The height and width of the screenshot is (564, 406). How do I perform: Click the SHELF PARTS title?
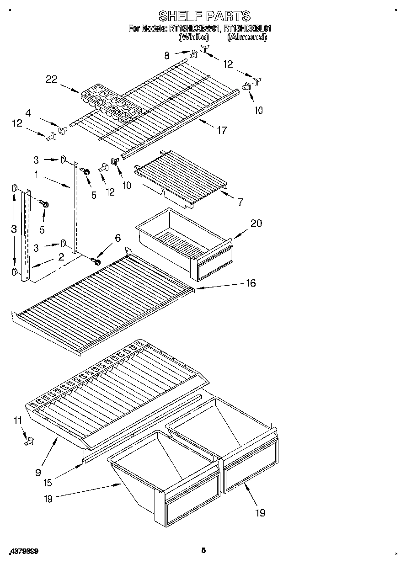204,16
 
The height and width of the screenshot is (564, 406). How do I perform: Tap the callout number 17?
222,131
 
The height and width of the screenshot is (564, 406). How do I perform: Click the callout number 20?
256,223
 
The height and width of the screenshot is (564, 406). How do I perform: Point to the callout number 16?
250,283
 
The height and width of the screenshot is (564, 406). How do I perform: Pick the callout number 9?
38,473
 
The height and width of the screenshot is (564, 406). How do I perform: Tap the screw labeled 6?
96,261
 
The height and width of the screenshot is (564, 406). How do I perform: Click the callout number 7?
240,201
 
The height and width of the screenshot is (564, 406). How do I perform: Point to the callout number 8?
167,56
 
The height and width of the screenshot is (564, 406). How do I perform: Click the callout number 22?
51,79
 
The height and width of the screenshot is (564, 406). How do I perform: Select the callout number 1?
36,174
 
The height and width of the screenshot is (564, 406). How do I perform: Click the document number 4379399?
23,552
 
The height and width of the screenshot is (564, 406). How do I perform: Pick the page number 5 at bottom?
204,551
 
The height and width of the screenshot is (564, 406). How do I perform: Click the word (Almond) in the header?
247,37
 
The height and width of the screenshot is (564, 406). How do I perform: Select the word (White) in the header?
194,37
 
